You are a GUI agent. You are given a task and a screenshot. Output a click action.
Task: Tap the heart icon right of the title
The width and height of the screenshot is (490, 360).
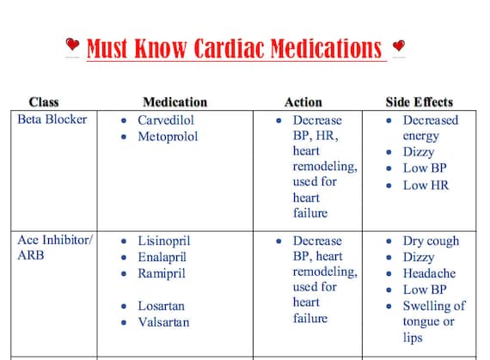click(x=398, y=46)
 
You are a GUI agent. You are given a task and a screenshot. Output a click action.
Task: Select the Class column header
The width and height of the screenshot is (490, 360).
click(x=44, y=102)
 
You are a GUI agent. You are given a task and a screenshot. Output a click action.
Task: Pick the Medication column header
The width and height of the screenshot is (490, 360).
click(x=175, y=102)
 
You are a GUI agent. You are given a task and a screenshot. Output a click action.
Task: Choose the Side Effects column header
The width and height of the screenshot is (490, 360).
click(x=419, y=102)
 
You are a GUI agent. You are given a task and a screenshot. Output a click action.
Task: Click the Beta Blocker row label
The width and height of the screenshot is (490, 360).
click(x=52, y=119)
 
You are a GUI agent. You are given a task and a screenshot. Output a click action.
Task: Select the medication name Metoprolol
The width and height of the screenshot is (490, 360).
click(x=168, y=137)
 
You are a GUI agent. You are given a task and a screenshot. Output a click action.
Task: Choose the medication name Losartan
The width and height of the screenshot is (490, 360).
click(x=162, y=306)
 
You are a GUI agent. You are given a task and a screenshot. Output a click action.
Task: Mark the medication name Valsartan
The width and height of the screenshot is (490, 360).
click(x=163, y=322)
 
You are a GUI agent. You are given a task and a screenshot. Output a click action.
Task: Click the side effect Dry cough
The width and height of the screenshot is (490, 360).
click(x=431, y=241)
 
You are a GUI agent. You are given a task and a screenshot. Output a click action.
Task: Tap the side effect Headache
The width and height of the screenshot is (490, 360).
click(x=429, y=274)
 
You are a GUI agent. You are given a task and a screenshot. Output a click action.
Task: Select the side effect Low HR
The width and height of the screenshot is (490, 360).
click(x=426, y=185)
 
